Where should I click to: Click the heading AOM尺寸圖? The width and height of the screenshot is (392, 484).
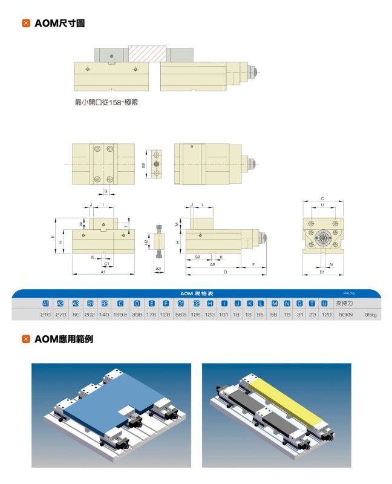(59, 24)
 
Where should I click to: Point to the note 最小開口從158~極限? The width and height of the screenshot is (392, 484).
(106, 102)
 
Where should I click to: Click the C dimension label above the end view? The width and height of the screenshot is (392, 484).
(322, 198)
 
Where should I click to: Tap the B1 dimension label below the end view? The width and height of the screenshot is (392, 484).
(322, 273)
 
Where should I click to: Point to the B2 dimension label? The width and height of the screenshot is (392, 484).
(143, 165)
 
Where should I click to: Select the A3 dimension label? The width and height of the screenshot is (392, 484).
(158, 268)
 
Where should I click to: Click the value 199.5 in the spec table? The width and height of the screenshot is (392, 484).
(120, 315)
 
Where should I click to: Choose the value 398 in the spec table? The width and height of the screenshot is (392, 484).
(137, 315)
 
